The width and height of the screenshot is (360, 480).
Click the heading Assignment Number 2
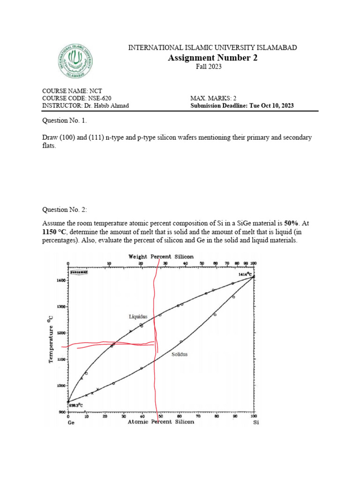click(x=212, y=58)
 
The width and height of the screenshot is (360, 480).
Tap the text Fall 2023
click(x=209, y=67)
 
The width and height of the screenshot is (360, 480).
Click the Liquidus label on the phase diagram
click(x=138, y=317)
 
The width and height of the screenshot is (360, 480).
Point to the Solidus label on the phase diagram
click(x=179, y=354)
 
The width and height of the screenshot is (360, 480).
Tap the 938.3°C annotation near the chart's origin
click(x=76, y=405)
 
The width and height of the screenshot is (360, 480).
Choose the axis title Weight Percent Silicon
click(x=161, y=256)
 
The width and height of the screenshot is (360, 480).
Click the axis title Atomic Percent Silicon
click(x=161, y=422)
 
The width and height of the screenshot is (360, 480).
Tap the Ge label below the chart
click(x=71, y=422)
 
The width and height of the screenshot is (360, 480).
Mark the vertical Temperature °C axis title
click(x=51, y=338)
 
